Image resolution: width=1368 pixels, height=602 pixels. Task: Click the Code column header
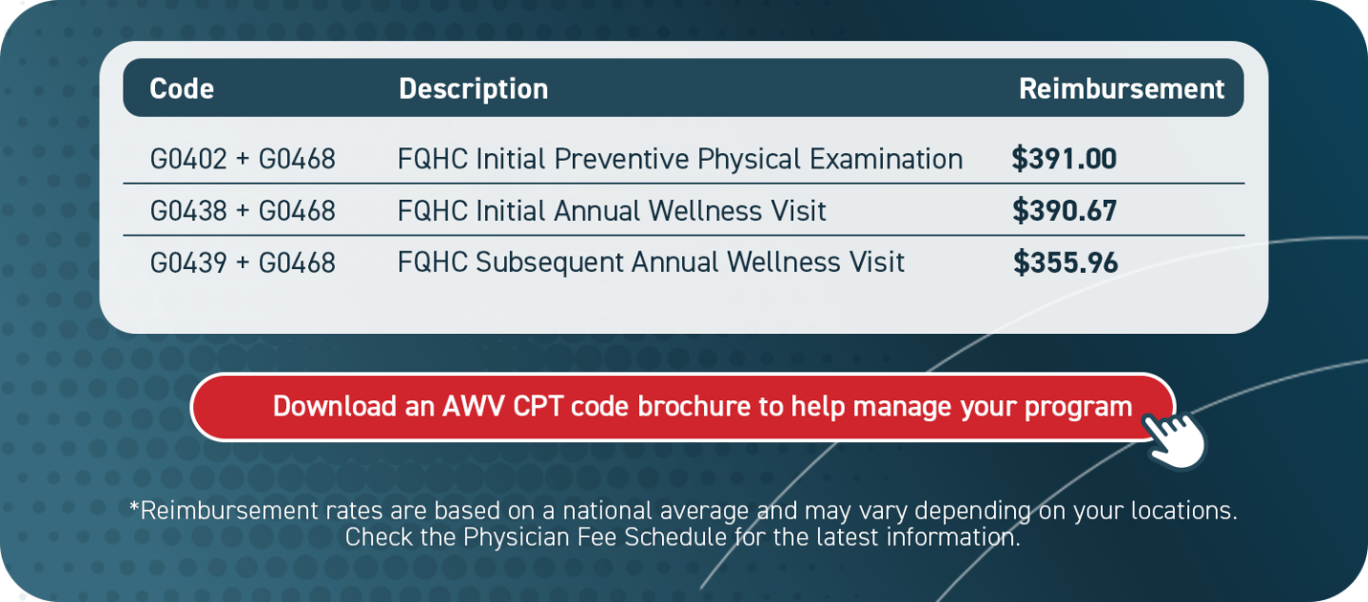182,89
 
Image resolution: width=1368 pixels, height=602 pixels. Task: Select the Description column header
473,89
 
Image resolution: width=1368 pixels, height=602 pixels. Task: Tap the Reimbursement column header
1121,89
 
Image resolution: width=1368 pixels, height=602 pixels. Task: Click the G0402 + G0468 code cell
243,159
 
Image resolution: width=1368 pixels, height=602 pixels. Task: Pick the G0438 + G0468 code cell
243,211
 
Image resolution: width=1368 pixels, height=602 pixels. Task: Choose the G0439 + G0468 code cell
243,262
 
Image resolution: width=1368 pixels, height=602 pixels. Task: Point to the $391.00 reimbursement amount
1064,159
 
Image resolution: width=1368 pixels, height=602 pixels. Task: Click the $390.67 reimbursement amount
1065,211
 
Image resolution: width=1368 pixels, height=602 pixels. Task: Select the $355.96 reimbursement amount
1066,262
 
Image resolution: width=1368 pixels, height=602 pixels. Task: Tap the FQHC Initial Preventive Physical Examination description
679,159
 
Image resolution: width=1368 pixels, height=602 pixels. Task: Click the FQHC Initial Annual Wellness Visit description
611,211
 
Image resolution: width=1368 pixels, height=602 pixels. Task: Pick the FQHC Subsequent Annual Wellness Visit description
651,262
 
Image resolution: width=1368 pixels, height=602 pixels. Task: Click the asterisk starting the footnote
134,507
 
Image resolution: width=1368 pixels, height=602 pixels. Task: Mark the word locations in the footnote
1185,510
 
